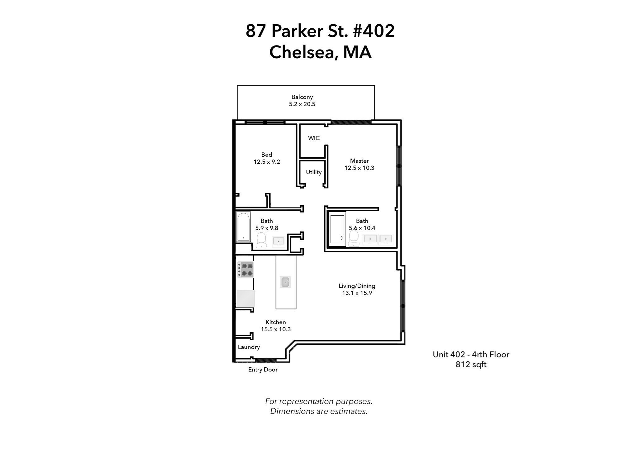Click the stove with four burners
[x=245, y=270]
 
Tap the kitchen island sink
[x=285, y=282]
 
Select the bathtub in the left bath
[x=243, y=227]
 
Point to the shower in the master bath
[x=337, y=229]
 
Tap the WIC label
[x=314, y=138]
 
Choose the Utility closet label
[x=313, y=172]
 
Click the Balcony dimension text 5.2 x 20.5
[x=302, y=104]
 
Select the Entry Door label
[x=263, y=370]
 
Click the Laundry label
[x=249, y=347]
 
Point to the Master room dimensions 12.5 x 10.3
[x=359, y=168]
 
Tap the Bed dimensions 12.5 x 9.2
[x=267, y=162]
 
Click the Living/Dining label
[x=357, y=286]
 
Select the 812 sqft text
[x=471, y=364]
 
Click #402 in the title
[x=374, y=31]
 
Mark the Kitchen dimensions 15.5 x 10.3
[x=275, y=329]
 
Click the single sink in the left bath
[x=278, y=241]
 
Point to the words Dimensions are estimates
[x=319, y=411]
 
